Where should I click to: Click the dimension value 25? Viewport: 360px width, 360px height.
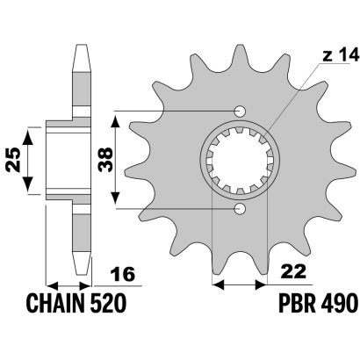(13, 160)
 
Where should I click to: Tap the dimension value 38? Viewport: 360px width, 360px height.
(105, 160)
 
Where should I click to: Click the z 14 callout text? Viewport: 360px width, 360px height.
(341, 55)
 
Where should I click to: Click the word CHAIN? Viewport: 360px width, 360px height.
(55, 303)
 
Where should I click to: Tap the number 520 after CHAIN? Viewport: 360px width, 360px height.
(108, 303)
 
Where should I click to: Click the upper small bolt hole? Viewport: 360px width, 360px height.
(240, 112)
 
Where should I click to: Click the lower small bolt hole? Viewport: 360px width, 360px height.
(240, 208)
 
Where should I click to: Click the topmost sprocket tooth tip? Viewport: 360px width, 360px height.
(240, 47)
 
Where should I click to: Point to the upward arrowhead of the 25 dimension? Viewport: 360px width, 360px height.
(28, 137)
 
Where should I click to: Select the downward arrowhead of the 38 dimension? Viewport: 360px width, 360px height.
(116, 197)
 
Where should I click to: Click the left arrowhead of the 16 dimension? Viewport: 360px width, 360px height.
(54, 285)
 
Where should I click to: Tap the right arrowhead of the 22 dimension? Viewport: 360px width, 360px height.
(260, 284)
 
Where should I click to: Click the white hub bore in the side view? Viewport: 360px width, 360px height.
(68, 161)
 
